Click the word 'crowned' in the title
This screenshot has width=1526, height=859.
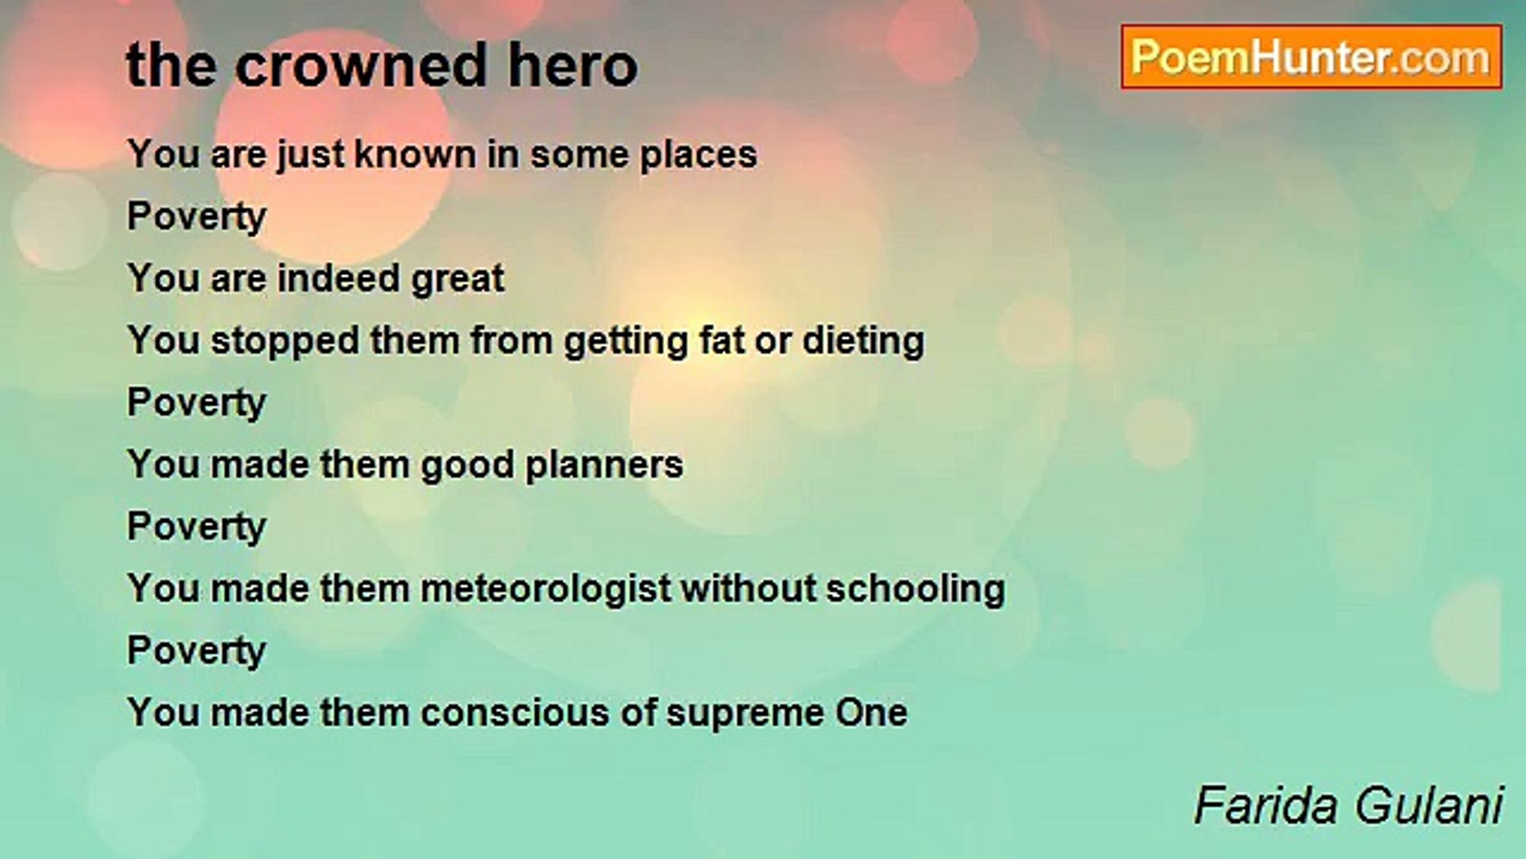tap(360, 65)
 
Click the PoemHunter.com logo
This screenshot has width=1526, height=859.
tap(1311, 57)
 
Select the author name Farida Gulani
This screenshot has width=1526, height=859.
tap(1348, 805)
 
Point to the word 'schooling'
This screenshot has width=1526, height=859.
tap(915, 589)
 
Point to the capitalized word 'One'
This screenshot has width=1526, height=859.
tap(870, 713)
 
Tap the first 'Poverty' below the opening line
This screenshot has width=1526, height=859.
tap(196, 217)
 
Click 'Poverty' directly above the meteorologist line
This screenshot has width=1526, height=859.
tap(196, 527)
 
